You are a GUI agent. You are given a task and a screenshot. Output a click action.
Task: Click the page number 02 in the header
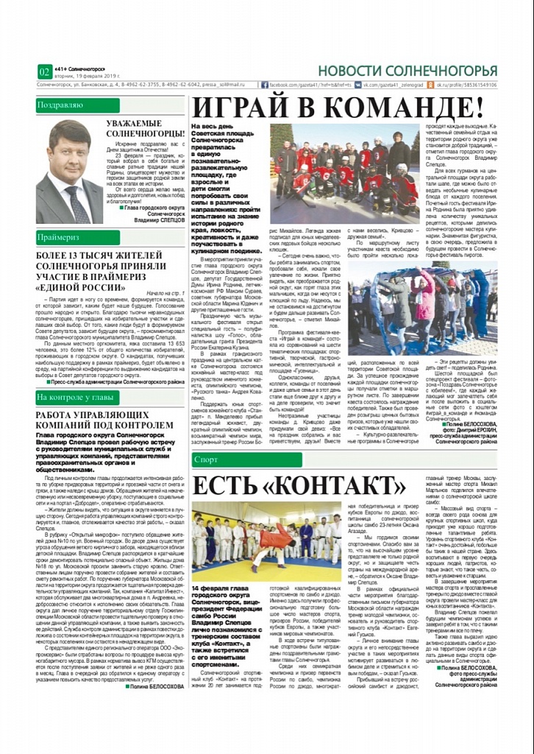[x=43, y=71]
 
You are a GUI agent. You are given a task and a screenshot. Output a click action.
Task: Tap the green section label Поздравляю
[x=61, y=105]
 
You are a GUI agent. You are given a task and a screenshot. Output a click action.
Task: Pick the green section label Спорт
[x=207, y=460]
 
